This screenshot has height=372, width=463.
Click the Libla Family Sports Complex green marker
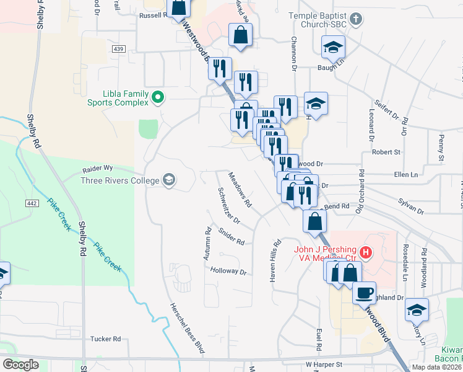[x=157, y=97]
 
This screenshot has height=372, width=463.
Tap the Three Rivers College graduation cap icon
[x=168, y=180]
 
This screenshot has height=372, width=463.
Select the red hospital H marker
[x=366, y=253]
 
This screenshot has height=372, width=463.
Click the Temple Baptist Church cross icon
[x=356, y=19]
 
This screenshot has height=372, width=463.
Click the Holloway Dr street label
[x=228, y=272]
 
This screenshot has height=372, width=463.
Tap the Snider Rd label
[x=231, y=237]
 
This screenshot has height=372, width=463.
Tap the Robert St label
[x=386, y=151]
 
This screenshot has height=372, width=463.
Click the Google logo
[x=20, y=364]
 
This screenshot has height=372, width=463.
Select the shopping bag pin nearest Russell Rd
[x=178, y=7]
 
